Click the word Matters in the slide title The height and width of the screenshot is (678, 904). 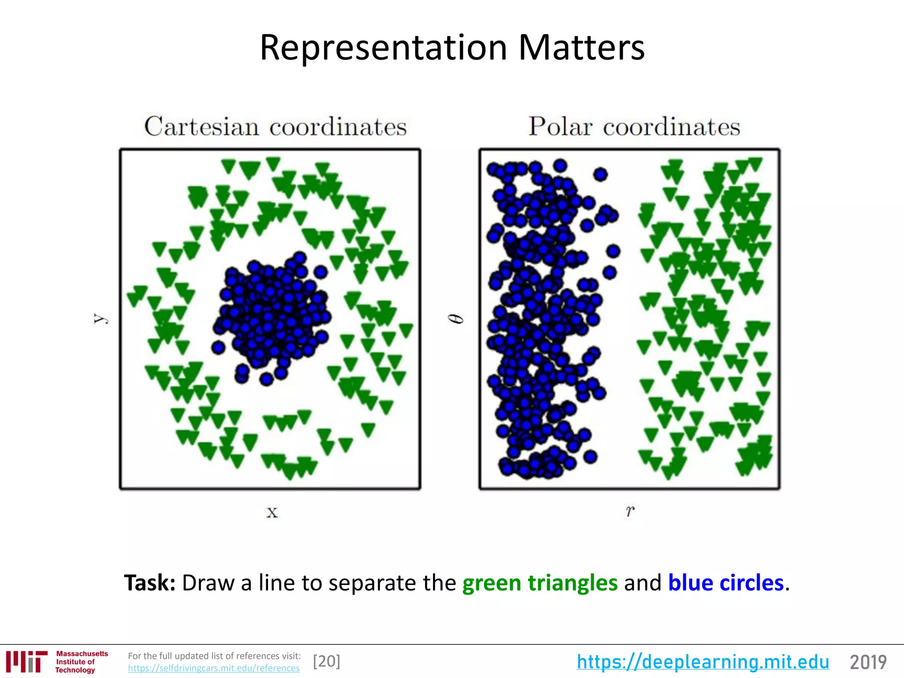point(581,48)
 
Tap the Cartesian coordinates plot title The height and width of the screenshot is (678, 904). point(275,127)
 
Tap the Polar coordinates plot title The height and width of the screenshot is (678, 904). point(634,127)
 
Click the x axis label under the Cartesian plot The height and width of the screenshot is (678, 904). point(272,512)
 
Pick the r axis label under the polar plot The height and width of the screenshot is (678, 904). point(630,511)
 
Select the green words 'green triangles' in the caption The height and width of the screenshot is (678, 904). point(539,583)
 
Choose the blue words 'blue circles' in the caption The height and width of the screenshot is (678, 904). point(726,583)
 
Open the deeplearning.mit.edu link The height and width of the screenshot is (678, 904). point(703,662)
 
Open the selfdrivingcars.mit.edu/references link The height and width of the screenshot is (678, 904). point(214,668)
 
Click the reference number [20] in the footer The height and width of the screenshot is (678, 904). point(327,661)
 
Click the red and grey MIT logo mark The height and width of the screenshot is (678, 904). point(26,662)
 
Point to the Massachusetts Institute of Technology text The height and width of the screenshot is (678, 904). point(82,662)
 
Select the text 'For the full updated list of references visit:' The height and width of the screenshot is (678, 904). point(214,656)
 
